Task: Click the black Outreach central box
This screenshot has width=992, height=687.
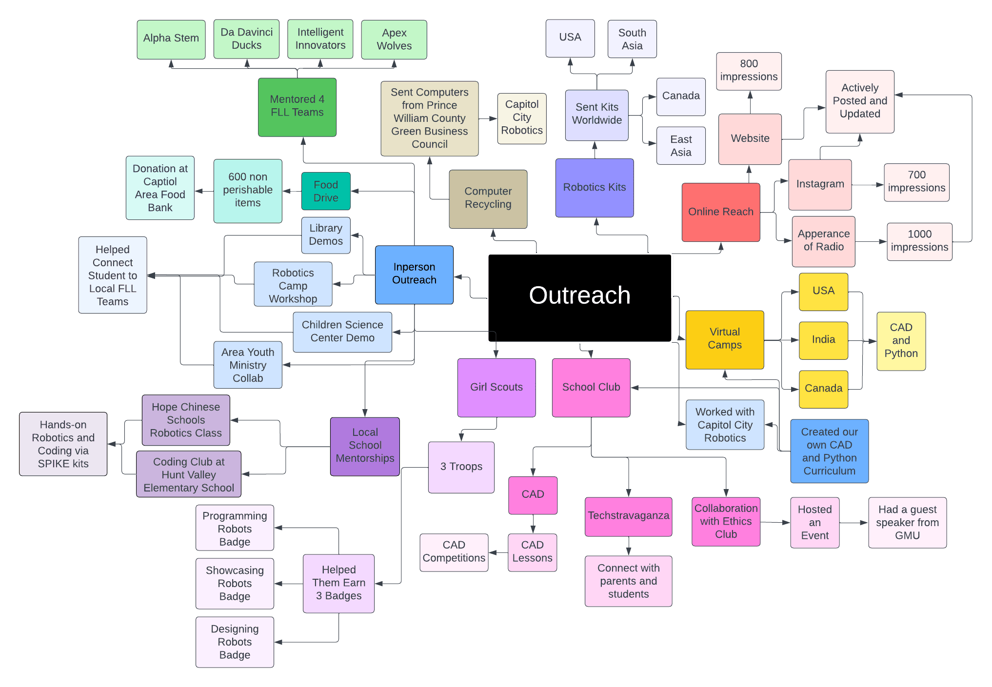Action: click(579, 297)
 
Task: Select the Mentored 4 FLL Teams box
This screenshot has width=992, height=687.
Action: click(297, 107)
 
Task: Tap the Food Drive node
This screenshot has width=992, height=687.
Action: click(325, 191)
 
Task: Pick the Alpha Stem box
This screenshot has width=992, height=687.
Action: click(171, 39)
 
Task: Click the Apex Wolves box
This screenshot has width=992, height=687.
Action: click(394, 39)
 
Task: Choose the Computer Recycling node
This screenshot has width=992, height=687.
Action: click(488, 198)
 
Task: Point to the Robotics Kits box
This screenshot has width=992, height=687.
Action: click(594, 187)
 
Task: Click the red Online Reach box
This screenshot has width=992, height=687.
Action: click(720, 212)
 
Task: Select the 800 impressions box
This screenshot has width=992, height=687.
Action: click(749, 71)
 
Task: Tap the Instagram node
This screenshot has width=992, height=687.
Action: click(820, 184)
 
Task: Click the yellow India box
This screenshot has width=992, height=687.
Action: click(823, 340)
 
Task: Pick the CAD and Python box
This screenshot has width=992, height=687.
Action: click(901, 341)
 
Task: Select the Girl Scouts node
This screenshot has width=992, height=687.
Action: click(496, 387)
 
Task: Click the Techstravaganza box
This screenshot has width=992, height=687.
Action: click(628, 516)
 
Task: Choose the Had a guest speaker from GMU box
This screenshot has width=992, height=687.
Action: click(907, 522)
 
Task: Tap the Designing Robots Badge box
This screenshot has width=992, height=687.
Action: click(235, 642)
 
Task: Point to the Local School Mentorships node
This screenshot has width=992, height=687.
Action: click(365, 446)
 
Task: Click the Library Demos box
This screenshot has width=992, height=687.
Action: click(325, 235)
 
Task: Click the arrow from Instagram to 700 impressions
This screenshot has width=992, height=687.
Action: click(868, 185)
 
